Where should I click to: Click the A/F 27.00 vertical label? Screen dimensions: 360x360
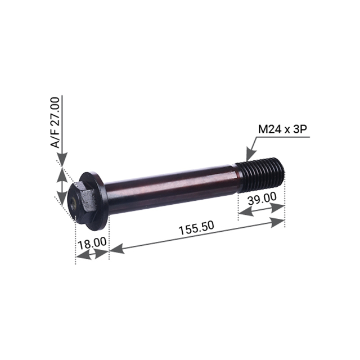pos(55,122)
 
